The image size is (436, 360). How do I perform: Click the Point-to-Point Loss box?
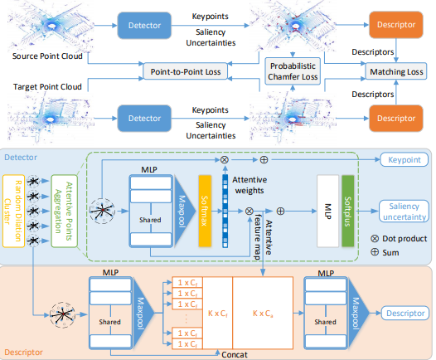pyautogui.click(x=185, y=71)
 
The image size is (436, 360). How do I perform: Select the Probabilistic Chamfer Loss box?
pyautogui.click(x=293, y=71)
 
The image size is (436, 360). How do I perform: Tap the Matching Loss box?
pyautogui.click(x=396, y=71)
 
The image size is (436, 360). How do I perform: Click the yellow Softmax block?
pyautogui.click(x=205, y=211)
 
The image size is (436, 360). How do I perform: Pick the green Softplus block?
pyautogui.click(x=348, y=211)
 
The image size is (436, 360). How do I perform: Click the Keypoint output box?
pyautogui.click(x=404, y=160)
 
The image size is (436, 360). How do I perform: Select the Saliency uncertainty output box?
pyautogui.click(x=404, y=212)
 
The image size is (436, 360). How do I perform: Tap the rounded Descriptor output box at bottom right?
pyautogui.click(x=405, y=314)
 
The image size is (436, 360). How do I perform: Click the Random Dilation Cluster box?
pyautogui.click(x=13, y=211)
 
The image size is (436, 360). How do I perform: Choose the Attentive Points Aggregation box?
pyautogui.click(x=64, y=211)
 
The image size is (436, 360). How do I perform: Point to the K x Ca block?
pyautogui.click(x=263, y=313)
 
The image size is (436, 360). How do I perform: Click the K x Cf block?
pyautogui.click(x=218, y=313)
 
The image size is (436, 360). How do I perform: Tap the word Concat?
pyautogui.click(x=235, y=355)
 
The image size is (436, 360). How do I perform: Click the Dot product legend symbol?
pyautogui.click(x=375, y=238)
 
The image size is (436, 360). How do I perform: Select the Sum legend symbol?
pyautogui.click(x=375, y=252)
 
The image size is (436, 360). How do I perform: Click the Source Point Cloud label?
pyautogui.click(x=47, y=56)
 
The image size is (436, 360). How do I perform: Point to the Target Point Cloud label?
pyautogui.click(x=47, y=86)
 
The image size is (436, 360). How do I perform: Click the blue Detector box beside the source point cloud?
pyautogui.click(x=144, y=26)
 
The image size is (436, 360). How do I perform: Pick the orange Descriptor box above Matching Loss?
pyautogui.click(x=396, y=25)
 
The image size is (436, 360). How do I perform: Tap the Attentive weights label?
pyautogui.click(x=249, y=185)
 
